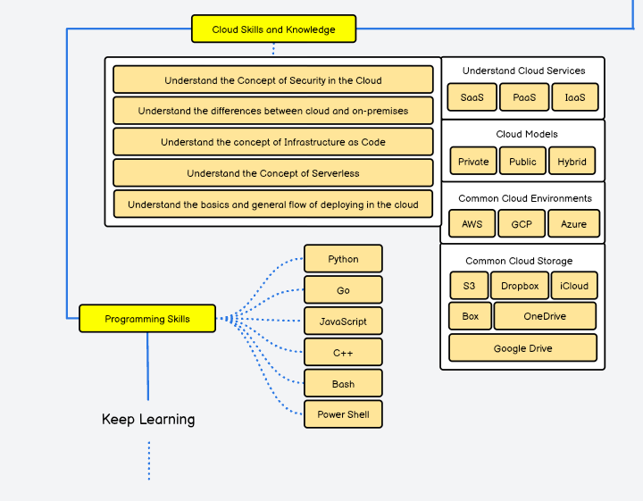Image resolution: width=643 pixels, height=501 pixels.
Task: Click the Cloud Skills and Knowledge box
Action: tap(273, 29)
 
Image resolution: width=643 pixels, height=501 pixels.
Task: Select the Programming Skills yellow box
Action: tap(147, 319)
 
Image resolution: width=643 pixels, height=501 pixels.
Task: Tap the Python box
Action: tap(343, 259)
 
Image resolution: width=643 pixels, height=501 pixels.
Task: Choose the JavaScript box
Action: tap(343, 321)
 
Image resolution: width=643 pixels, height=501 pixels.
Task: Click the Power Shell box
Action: tap(343, 414)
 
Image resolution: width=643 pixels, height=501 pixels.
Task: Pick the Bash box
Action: tap(343, 384)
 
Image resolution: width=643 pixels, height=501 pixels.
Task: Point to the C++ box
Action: tap(343, 353)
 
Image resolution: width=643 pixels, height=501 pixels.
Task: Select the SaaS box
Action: tap(472, 97)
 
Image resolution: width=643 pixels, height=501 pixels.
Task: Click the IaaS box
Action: tap(574, 97)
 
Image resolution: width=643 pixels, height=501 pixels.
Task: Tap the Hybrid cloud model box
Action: tap(572, 162)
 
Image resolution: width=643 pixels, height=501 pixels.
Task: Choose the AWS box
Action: tap(472, 224)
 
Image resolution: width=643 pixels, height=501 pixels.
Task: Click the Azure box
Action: tap(573, 224)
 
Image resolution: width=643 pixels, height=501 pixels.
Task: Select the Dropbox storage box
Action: tap(519, 286)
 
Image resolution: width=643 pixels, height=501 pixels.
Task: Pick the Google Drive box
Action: tap(522, 348)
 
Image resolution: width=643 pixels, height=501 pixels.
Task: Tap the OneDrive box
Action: tap(545, 316)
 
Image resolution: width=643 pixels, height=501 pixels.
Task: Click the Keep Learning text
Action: tap(148, 420)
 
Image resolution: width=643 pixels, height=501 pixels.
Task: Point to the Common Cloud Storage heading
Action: tap(519, 261)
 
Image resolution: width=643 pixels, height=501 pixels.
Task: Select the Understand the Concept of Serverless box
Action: tap(272, 173)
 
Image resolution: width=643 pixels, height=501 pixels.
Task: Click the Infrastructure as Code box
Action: tap(272, 142)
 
